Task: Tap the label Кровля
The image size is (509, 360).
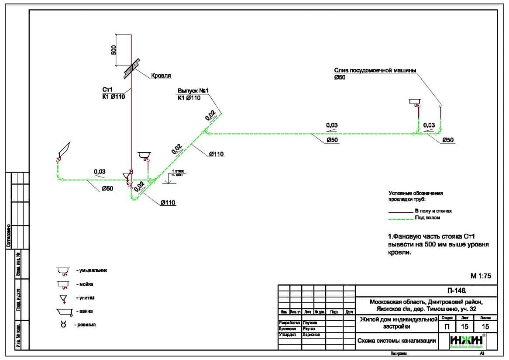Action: pyautogui.click(x=161, y=76)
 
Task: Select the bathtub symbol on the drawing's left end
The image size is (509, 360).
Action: pyautogui.click(x=63, y=150)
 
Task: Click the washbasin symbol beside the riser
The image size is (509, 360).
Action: pyautogui.click(x=145, y=155)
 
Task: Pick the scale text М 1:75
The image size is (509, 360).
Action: pyautogui.click(x=481, y=276)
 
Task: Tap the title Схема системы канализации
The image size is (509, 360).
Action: pyautogui.click(x=397, y=341)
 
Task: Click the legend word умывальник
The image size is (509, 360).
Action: pyautogui.click(x=93, y=270)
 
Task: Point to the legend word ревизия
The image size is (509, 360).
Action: pyautogui.click(x=87, y=325)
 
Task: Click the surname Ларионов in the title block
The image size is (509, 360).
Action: pyautogui.click(x=311, y=335)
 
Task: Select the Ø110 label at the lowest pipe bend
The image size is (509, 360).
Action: pyautogui.click(x=168, y=203)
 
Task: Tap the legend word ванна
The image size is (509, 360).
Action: pyautogui.click(x=86, y=311)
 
